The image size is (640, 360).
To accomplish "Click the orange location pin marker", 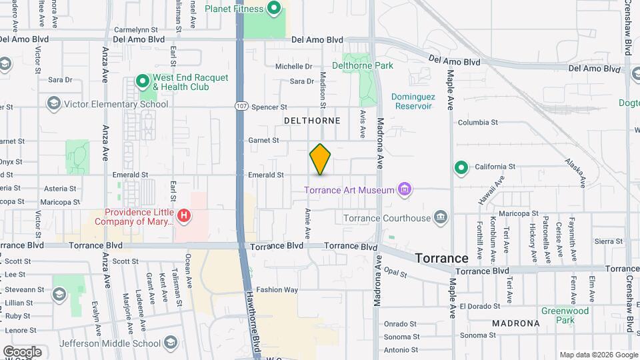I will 320,159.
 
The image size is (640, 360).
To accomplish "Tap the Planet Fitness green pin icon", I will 273,9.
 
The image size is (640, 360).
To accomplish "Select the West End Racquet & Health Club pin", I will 142,82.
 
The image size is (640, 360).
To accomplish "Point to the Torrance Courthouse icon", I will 440,217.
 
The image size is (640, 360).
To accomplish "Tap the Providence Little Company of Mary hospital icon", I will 185,216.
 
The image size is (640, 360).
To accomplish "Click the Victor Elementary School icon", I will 53,104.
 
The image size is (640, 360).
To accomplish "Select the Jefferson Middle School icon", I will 171,343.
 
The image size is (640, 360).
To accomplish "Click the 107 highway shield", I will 241,107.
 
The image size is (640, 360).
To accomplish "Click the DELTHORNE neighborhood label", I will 312,121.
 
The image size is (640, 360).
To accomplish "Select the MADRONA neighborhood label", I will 515,323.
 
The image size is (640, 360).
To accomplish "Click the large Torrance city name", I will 441,258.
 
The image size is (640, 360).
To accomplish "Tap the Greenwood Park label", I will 565,315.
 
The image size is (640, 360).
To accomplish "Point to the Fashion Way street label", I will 277,290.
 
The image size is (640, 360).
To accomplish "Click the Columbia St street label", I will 477,123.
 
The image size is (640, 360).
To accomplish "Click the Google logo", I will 22,351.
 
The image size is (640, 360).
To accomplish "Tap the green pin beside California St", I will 460,167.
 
